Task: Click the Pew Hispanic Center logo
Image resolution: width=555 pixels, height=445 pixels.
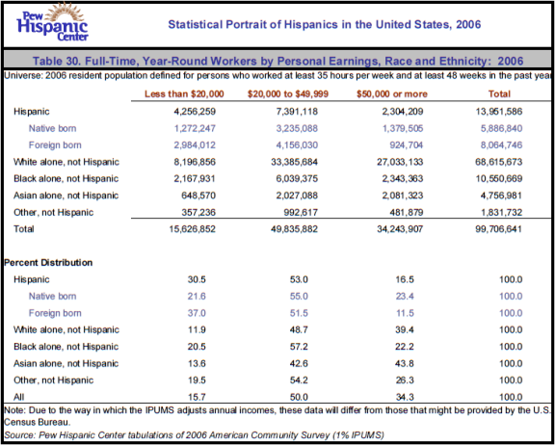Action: click(x=52, y=23)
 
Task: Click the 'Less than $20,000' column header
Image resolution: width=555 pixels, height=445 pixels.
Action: click(x=184, y=94)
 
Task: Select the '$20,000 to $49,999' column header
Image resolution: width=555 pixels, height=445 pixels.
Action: click(x=288, y=94)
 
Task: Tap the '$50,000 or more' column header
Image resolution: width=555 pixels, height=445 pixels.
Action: click(x=392, y=94)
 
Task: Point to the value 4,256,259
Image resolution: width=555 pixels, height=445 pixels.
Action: click(x=195, y=112)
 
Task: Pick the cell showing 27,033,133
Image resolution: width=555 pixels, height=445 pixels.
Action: click(x=400, y=162)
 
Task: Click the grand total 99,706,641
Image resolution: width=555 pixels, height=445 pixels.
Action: click(x=499, y=229)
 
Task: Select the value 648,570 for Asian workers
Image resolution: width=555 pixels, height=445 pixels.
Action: click(x=198, y=196)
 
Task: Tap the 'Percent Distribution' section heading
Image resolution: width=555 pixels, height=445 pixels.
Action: click(x=48, y=262)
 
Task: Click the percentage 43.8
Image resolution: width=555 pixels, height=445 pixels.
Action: click(x=405, y=364)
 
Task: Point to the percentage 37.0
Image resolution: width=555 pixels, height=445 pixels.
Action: click(x=197, y=313)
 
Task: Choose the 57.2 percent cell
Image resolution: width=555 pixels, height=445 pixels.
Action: click(x=299, y=347)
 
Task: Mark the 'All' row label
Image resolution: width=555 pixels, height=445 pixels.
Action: click(x=18, y=397)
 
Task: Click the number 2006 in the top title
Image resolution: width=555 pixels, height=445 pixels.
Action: click(x=468, y=24)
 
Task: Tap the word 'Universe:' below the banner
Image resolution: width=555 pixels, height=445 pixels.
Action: click(x=23, y=76)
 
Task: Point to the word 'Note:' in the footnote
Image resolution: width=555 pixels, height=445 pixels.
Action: click(x=14, y=410)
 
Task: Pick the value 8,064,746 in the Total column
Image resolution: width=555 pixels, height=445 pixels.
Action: click(x=501, y=145)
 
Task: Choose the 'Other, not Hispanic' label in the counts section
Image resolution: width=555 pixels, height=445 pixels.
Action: click(x=53, y=213)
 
